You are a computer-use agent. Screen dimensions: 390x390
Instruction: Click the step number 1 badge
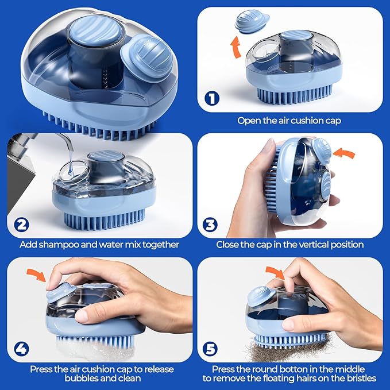[213, 99]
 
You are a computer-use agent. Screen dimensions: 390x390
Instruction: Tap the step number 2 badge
[21, 223]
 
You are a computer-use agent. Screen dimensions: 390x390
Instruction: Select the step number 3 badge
[213, 223]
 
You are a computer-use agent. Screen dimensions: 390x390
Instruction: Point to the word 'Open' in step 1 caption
[249, 121]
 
